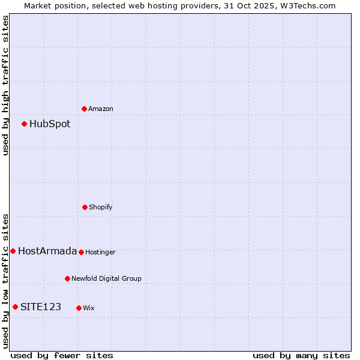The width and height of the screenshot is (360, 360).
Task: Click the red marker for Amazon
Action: (84, 109)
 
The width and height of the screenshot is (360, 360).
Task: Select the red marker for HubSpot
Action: (24, 124)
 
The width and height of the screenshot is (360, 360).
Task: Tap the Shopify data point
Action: (85, 207)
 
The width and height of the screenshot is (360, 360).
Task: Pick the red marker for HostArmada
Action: (13, 251)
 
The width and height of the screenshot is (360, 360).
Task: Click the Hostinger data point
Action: (81, 252)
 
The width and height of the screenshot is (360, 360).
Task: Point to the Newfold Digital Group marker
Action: (67, 278)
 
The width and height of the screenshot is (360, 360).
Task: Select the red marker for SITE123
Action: (15, 307)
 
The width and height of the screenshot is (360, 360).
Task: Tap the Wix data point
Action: (79, 308)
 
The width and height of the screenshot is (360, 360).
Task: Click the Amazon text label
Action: (101, 109)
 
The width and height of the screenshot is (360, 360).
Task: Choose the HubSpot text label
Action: (50, 124)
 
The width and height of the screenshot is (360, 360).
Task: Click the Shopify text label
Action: (101, 208)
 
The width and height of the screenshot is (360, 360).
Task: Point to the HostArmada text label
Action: (47, 251)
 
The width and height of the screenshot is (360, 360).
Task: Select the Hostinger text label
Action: (100, 253)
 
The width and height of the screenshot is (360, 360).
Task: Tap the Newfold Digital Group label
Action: (106, 279)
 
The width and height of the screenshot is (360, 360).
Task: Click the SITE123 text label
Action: (41, 307)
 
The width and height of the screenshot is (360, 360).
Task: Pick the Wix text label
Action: (89, 308)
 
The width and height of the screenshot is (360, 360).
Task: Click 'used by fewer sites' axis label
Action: (62, 356)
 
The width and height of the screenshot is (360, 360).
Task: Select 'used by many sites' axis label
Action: (301, 356)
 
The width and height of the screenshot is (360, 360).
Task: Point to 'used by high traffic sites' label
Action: (5, 85)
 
